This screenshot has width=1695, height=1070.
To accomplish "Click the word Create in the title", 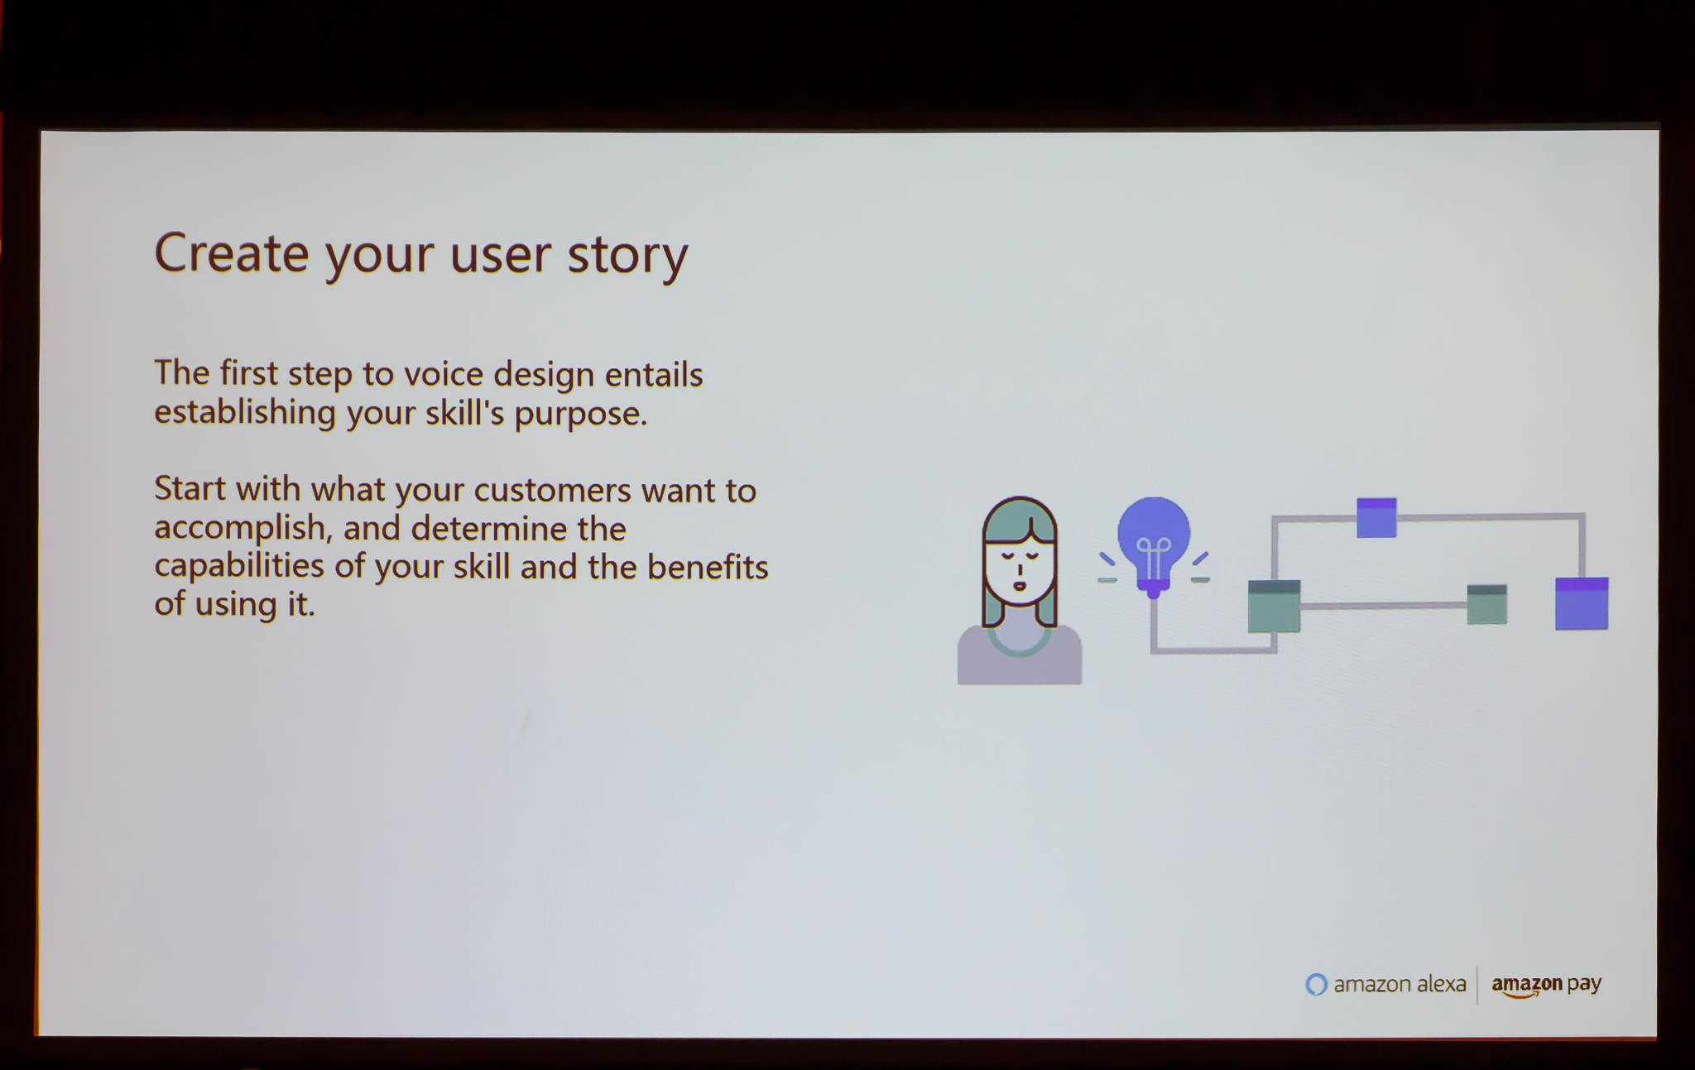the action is pyautogui.click(x=232, y=252).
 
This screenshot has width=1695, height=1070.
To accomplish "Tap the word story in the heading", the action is pyautogui.click(x=627, y=257).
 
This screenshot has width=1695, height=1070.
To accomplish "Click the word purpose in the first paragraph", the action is pyautogui.click(x=580, y=414).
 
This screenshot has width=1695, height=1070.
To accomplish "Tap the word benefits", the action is pyautogui.click(x=708, y=568).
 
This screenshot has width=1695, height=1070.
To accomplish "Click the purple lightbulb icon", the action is pyautogui.click(x=1154, y=545).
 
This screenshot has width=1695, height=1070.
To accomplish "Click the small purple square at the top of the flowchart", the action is pyautogui.click(x=1376, y=517).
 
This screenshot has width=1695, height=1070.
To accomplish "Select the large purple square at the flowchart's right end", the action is pyautogui.click(x=1582, y=603).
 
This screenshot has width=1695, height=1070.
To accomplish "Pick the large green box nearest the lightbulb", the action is pyautogui.click(x=1274, y=607).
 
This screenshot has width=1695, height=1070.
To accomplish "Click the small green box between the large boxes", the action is pyautogui.click(x=1486, y=604).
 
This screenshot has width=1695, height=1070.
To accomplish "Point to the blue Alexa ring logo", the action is pyautogui.click(x=1316, y=984).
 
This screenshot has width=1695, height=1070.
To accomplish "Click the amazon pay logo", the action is pyautogui.click(x=1546, y=985).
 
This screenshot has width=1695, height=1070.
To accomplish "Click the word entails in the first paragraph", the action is pyautogui.click(x=654, y=375).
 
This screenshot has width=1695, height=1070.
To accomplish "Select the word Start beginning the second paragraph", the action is pyautogui.click(x=190, y=490).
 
